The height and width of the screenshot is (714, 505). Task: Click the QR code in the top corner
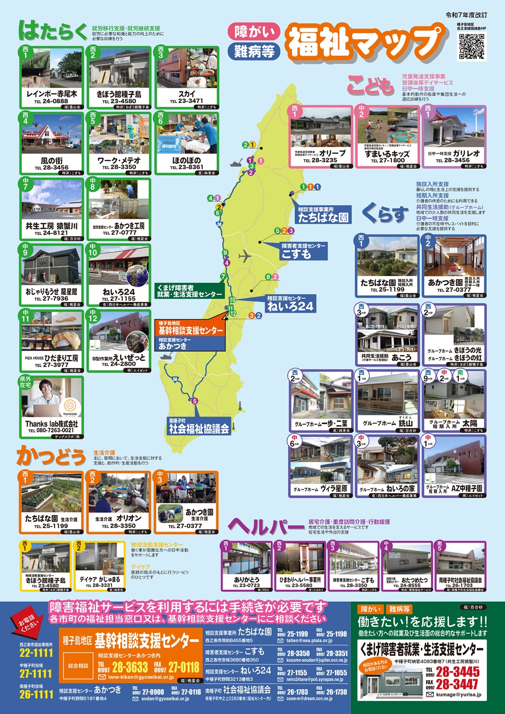472,46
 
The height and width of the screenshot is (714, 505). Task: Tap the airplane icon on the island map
246,256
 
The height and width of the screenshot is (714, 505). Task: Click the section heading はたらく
54,31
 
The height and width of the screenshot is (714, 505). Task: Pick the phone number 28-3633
130,667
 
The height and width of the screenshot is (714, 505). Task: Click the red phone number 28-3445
458,672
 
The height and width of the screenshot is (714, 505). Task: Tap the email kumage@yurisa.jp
459,695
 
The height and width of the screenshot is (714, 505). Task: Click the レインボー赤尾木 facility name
52,94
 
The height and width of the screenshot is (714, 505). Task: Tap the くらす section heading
385,215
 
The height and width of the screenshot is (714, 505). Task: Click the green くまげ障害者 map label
189,291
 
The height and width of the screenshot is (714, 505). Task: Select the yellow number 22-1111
36,653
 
